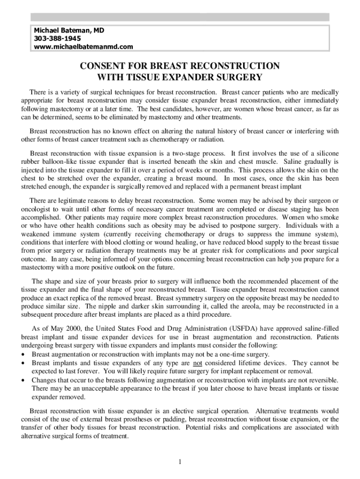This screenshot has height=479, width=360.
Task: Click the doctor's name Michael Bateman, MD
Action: tap(69, 30)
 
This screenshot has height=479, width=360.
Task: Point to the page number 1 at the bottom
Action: tap(180, 462)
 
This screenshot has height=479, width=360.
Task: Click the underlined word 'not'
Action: tap(198, 363)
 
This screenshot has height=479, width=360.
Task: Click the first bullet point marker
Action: tap(24, 354)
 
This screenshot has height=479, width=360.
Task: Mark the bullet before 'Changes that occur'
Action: tap(24, 380)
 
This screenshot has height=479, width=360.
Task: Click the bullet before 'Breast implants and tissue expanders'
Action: tap(24, 363)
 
